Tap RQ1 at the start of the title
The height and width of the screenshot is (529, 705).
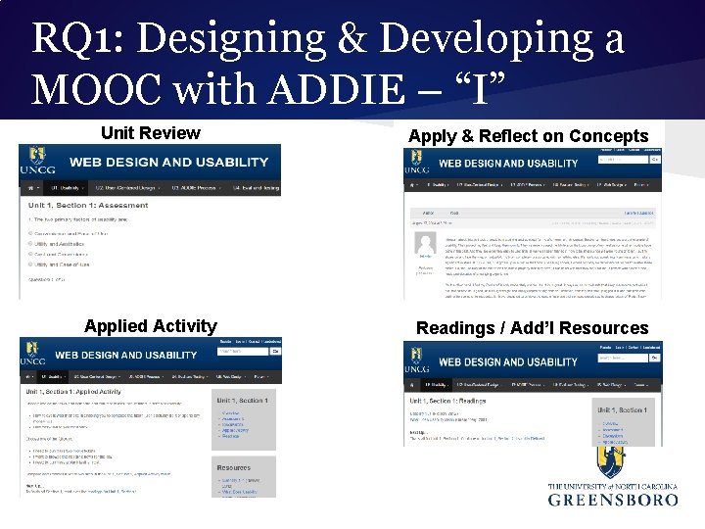point(71,39)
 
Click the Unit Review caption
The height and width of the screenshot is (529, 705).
point(151,133)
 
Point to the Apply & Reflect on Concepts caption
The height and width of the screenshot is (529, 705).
point(529,136)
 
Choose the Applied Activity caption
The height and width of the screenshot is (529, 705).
point(151,326)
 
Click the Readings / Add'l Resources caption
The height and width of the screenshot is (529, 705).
point(532,328)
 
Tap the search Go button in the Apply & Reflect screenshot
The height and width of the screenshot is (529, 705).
point(655,159)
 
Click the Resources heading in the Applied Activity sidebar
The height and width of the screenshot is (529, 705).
point(234,468)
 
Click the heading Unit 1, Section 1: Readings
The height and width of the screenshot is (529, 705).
point(463,402)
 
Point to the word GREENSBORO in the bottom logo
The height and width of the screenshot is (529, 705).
point(613,500)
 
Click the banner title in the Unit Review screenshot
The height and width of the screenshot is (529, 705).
point(161,162)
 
